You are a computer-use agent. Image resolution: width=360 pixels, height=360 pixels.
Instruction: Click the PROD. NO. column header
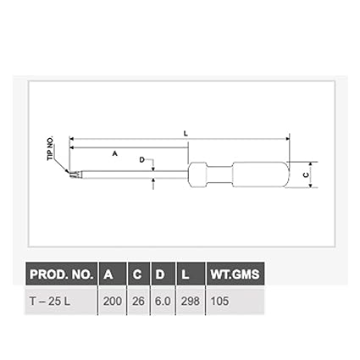(x=62, y=274)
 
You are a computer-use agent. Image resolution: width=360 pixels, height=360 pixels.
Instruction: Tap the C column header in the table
(x=137, y=274)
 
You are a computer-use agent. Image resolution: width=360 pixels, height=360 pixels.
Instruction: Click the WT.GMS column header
(x=235, y=274)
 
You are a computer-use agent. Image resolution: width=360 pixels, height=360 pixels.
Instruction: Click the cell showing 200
(x=113, y=302)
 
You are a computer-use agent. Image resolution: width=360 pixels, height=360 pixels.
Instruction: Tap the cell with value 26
(x=138, y=302)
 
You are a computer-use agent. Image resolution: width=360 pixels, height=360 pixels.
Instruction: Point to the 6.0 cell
(x=163, y=302)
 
